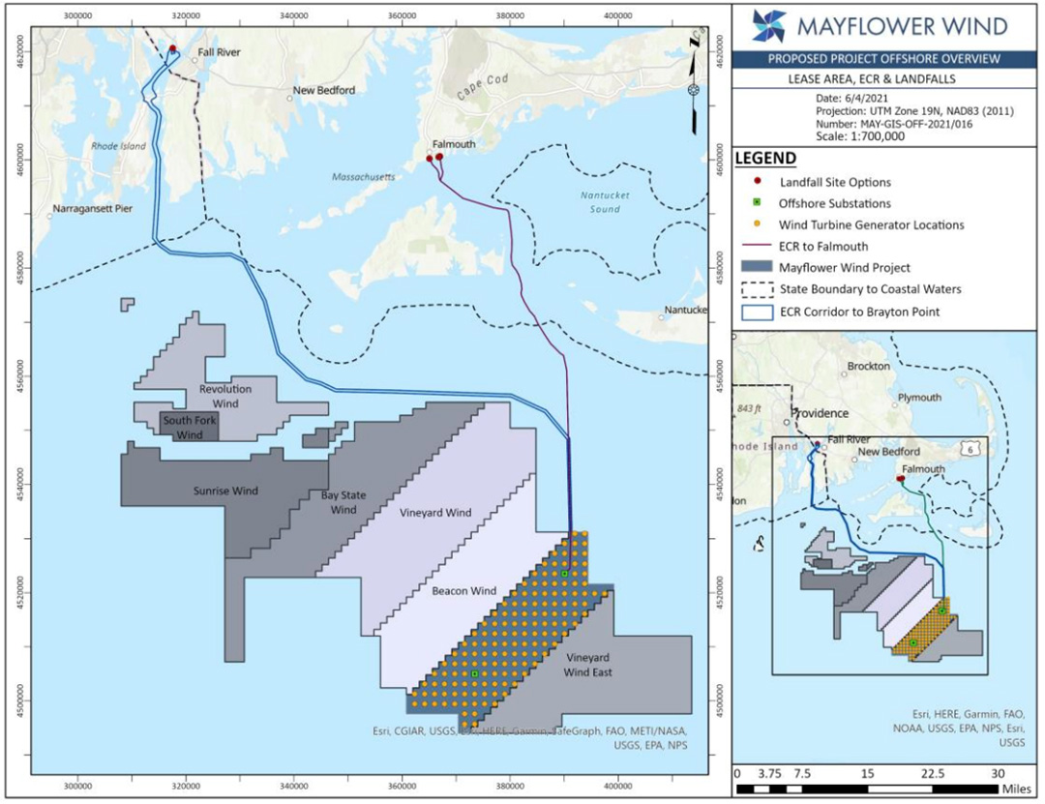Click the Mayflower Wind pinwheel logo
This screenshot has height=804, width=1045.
coord(768,25)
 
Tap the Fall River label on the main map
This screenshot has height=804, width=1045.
coord(219,52)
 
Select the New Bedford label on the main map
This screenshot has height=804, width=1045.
coord(324,91)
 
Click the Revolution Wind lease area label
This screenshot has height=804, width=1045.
coord(225,395)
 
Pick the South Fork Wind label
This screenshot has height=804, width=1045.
coord(190,428)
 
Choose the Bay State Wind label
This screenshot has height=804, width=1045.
coord(339,502)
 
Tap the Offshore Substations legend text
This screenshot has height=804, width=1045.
coord(834,203)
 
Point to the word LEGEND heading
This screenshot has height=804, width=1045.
coord(765,159)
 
